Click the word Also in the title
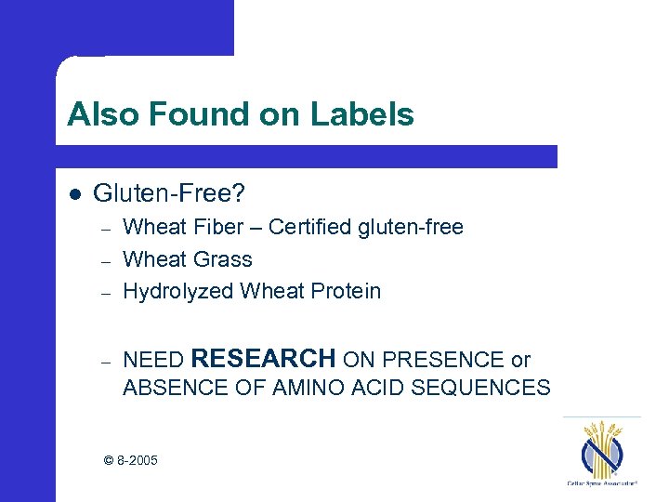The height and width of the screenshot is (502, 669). pyautogui.click(x=102, y=115)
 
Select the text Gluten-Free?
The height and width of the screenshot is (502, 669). pyautogui.click(x=169, y=193)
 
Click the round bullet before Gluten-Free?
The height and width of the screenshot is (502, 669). pyautogui.click(x=74, y=194)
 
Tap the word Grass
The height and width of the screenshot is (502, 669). pyautogui.click(x=222, y=259)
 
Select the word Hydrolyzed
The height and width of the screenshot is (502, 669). pyautogui.click(x=177, y=291)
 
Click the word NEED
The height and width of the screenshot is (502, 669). pyautogui.click(x=152, y=360)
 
